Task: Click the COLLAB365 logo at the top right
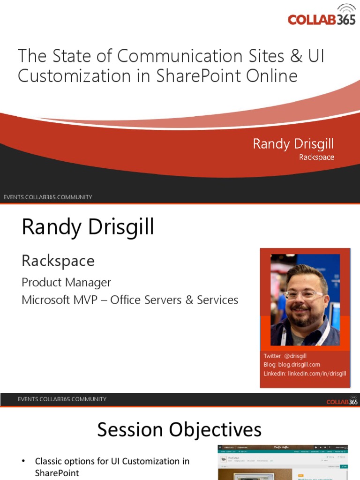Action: pos(322,18)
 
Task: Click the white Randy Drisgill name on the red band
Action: pos(293,144)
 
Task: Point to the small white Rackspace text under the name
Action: pos(316,157)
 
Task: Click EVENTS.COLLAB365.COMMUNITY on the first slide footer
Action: pos(48,197)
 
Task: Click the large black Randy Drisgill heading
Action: pos(88,227)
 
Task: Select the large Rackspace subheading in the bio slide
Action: pos(58,261)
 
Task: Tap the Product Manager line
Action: pos(66,282)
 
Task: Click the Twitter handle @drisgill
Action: pos(295,356)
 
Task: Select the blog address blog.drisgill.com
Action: pos(298,365)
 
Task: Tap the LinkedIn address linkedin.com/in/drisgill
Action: pos(317,374)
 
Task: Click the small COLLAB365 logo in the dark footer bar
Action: pos(342,402)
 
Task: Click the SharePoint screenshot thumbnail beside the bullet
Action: pos(284,462)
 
